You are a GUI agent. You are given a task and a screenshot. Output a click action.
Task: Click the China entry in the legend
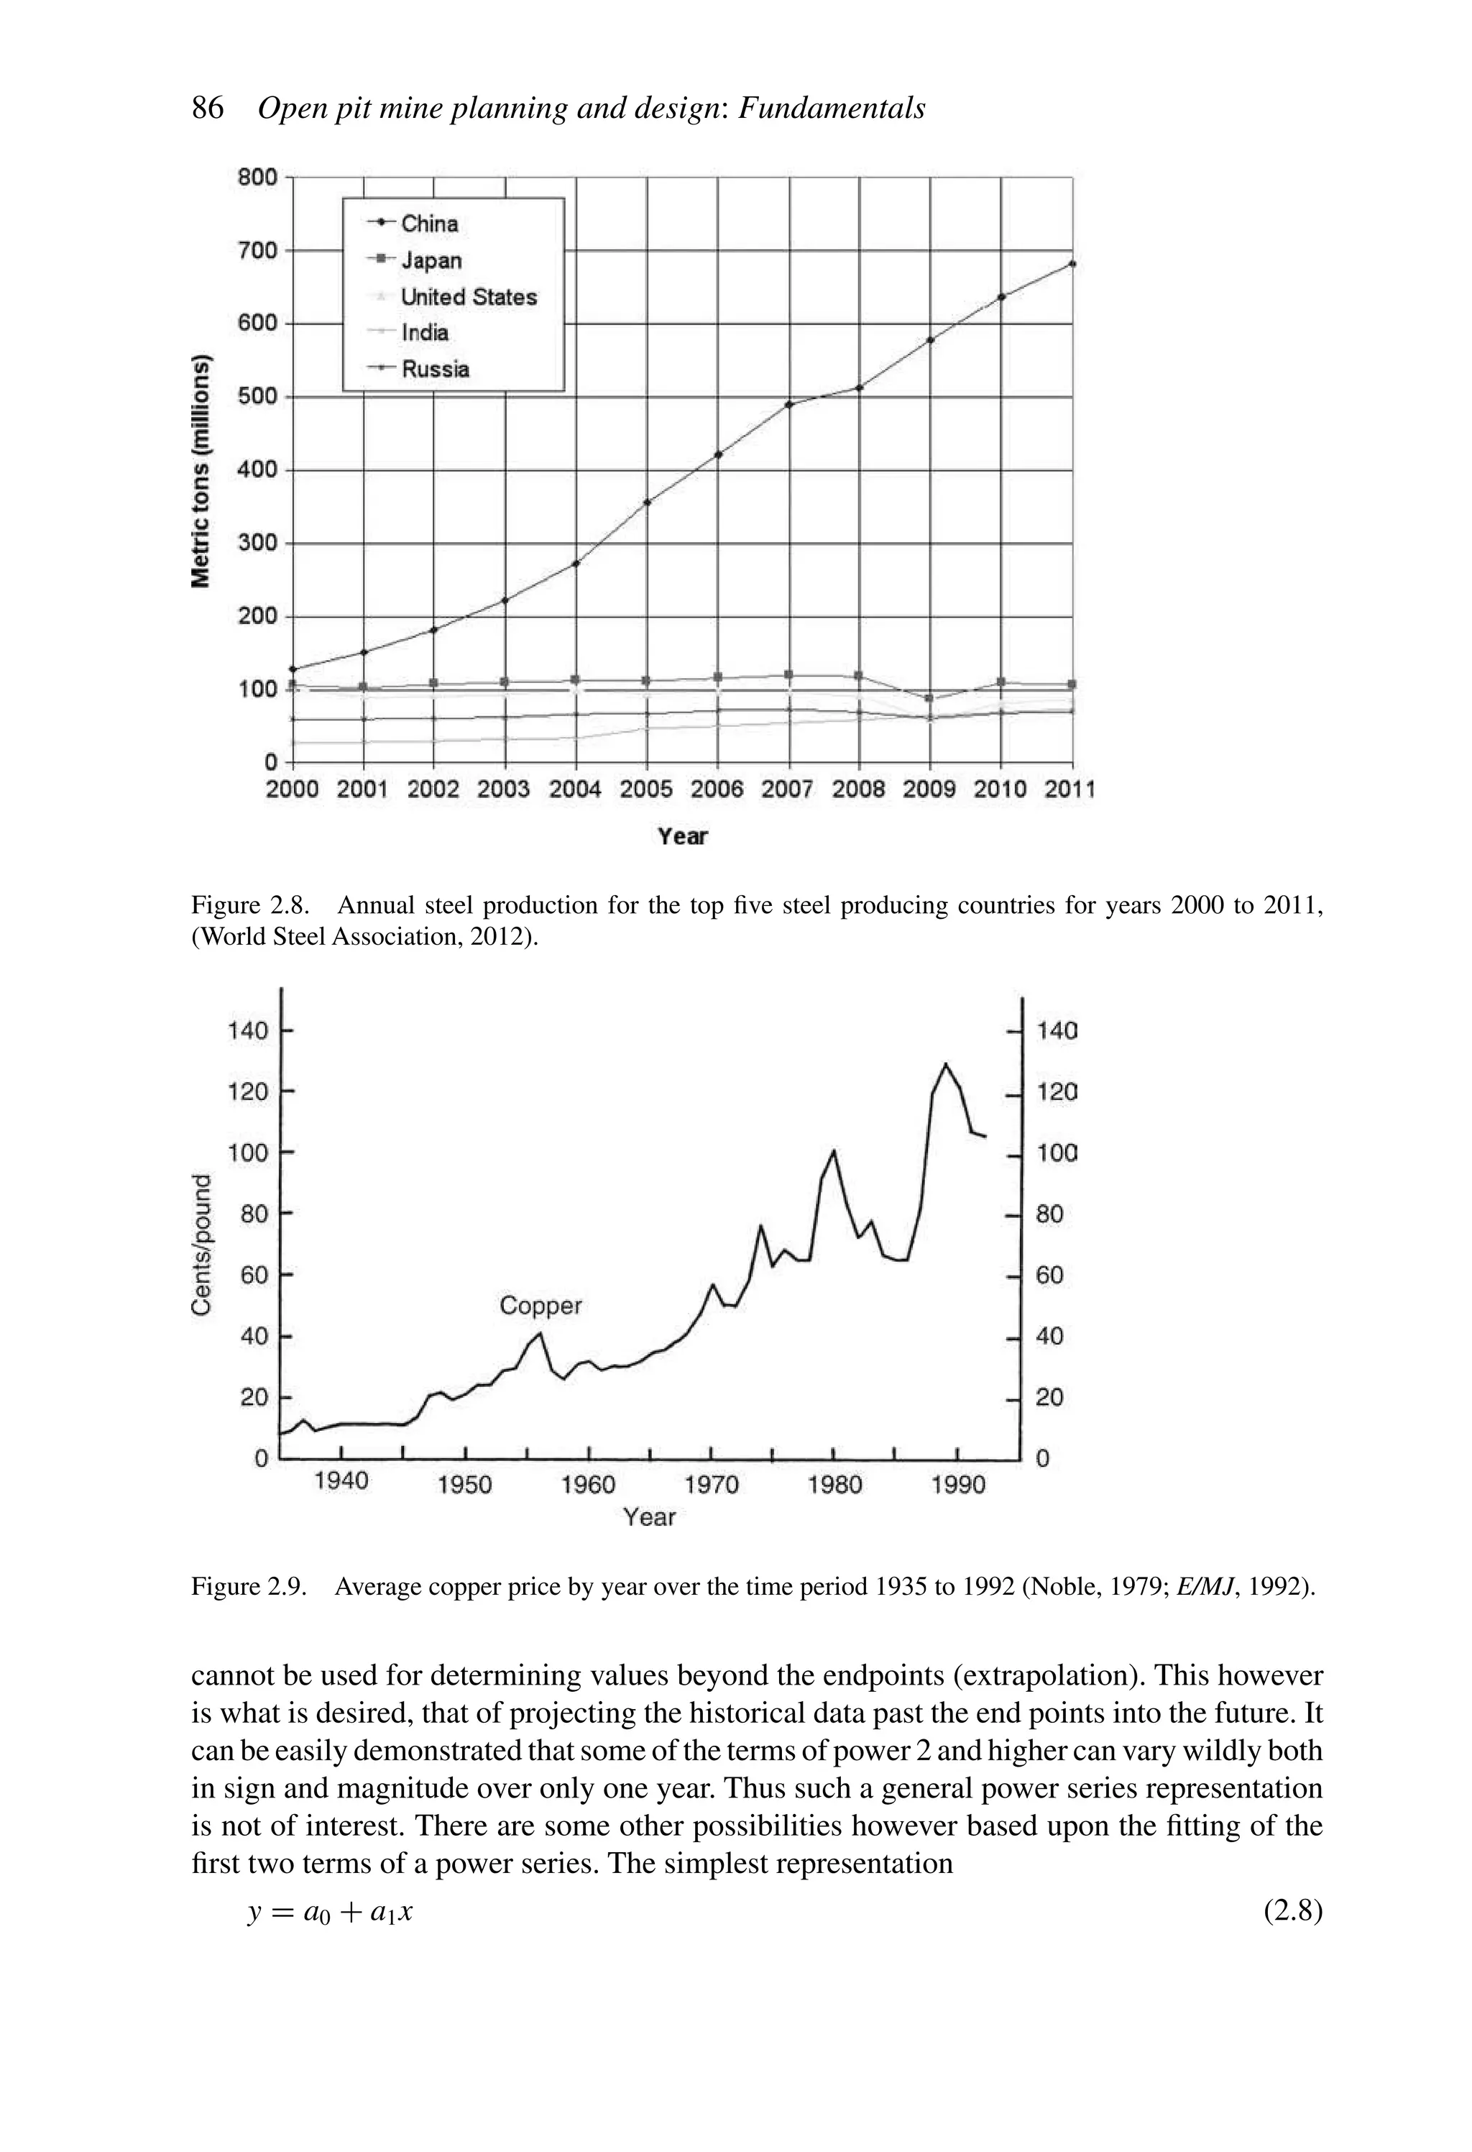click(x=428, y=224)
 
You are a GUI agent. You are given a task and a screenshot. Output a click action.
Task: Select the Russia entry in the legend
click(x=434, y=370)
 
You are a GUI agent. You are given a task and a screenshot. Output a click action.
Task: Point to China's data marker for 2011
click(x=1072, y=264)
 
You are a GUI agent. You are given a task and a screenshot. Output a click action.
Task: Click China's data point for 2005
click(x=647, y=502)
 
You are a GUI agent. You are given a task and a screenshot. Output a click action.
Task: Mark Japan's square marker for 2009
click(x=929, y=698)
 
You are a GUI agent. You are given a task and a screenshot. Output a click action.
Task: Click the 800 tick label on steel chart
click(x=257, y=177)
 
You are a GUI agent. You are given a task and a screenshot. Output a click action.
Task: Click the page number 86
click(x=208, y=109)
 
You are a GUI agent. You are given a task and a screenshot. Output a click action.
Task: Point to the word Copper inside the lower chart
click(x=540, y=1306)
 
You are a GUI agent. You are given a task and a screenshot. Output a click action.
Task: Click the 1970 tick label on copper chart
click(x=711, y=1485)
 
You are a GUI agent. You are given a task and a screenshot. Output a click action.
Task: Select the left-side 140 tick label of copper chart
click(x=248, y=1030)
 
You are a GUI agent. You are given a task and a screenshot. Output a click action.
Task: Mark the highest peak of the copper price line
click(x=945, y=1064)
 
